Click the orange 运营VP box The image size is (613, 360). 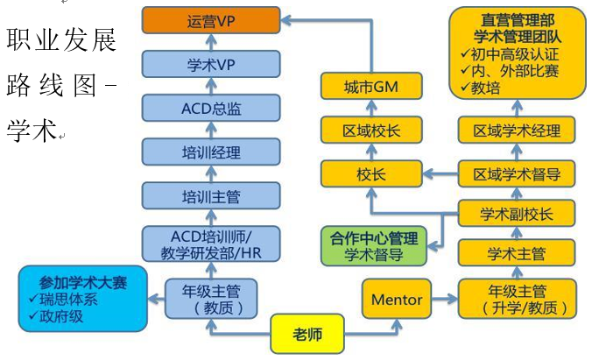pyautogui.click(x=211, y=20)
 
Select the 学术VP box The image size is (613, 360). pyautogui.click(x=211, y=64)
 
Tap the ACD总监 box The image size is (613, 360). pyautogui.click(x=211, y=108)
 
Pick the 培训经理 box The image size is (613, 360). pyautogui.click(x=211, y=152)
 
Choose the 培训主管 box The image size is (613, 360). pyautogui.click(x=211, y=196)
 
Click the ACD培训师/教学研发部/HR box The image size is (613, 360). pyautogui.click(x=211, y=244)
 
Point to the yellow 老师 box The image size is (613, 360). pyautogui.click(x=307, y=334)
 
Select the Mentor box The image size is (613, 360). pyautogui.click(x=397, y=299)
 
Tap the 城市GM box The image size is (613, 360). pyautogui.click(x=371, y=86)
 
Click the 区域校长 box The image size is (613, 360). pyautogui.click(x=371, y=130)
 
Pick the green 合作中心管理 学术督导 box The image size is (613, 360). pyautogui.click(x=374, y=246)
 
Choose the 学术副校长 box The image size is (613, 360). pyautogui.click(x=517, y=214)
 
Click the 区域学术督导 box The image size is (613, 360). pyautogui.click(x=517, y=173)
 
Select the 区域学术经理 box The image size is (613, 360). pyautogui.click(x=517, y=130)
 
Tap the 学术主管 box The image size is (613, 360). pyautogui.click(x=517, y=253)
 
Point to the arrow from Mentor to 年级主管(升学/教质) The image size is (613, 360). pyautogui.click(x=445, y=300)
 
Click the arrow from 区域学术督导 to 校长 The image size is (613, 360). pyautogui.click(x=440, y=173)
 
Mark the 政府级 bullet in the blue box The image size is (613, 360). pyautogui.click(x=57, y=316)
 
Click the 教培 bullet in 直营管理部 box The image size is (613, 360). pyautogui.click(x=481, y=88)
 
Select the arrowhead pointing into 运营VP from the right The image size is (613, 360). pyautogui.click(x=286, y=20)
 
